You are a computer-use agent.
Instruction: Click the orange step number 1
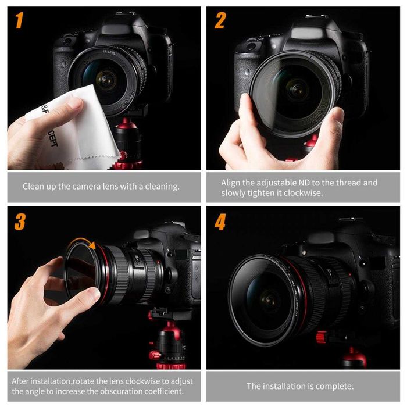click(x=19, y=21)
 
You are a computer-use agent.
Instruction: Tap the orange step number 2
click(x=220, y=21)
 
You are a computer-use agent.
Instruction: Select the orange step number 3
click(x=20, y=222)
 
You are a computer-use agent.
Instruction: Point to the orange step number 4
click(x=220, y=222)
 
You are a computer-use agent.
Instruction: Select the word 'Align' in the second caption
click(x=231, y=183)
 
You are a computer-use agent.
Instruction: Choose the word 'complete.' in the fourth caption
click(x=334, y=386)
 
